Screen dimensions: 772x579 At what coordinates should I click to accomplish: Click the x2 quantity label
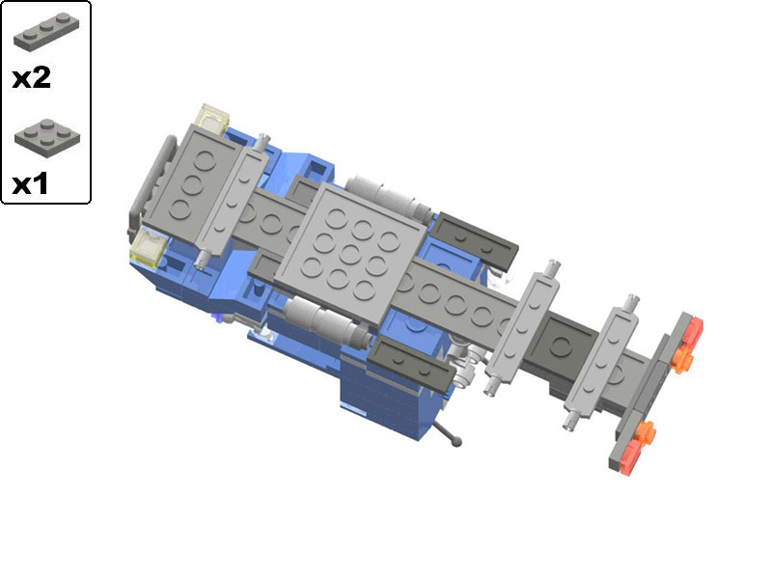pos(32,78)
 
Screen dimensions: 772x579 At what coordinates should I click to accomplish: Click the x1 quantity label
pos(30,184)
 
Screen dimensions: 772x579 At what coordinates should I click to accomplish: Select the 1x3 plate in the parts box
pos(45,32)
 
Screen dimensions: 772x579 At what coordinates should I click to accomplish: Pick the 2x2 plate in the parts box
pos(47,134)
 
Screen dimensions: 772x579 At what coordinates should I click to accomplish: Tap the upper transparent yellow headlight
pos(212,119)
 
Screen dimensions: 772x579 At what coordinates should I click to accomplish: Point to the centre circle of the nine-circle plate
pos(349,255)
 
